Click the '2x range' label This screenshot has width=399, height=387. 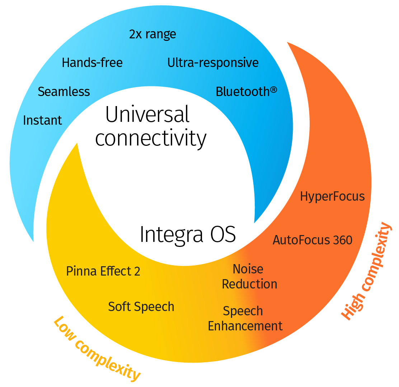click(152, 34)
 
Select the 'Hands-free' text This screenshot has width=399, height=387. click(92, 62)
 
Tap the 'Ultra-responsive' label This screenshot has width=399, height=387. click(213, 62)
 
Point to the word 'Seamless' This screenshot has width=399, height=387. click(64, 91)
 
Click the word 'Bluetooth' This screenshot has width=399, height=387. click(243, 91)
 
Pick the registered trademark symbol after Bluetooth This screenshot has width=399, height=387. click(273, 90)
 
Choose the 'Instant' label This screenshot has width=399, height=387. click(42, 120)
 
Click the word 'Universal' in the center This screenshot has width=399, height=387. click(147, 114)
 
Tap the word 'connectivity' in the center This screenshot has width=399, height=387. click(151, 138)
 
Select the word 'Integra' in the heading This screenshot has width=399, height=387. click(171, 235)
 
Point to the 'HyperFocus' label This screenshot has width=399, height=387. click(332, 196)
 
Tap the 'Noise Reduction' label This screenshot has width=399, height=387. click(249, 277)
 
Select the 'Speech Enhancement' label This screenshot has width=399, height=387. click(245, 319)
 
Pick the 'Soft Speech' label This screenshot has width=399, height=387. click(141, 307)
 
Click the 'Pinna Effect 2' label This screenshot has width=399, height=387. click(103, 271)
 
